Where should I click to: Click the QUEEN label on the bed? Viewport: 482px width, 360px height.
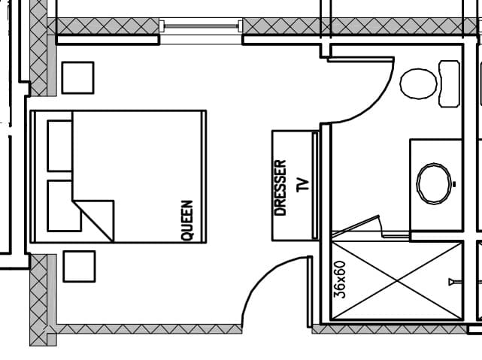(187, 220)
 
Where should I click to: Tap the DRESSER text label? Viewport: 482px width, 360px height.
(280, 188)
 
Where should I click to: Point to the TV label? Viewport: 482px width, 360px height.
(303, 185)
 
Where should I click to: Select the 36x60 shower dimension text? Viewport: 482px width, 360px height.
(340, 280)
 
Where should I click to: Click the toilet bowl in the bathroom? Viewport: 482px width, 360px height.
(418, 83)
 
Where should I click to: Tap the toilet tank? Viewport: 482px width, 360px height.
(450, 83)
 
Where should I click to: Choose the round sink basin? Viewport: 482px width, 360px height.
(434, 183)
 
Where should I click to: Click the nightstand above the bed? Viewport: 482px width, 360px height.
(77, 77)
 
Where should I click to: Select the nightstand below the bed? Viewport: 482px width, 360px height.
(79, 266)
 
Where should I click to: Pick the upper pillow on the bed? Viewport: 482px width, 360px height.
(60, 146)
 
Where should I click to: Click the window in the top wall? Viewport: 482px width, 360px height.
(201, 26)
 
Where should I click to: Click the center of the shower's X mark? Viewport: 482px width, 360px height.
(396, 281)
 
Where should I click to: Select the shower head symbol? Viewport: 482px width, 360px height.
(455, 282)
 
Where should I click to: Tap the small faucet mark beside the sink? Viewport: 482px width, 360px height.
(454, 184)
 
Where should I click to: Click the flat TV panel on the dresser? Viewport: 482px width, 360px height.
(315, 185)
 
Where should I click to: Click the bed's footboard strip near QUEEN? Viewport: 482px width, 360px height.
(204, 177)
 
